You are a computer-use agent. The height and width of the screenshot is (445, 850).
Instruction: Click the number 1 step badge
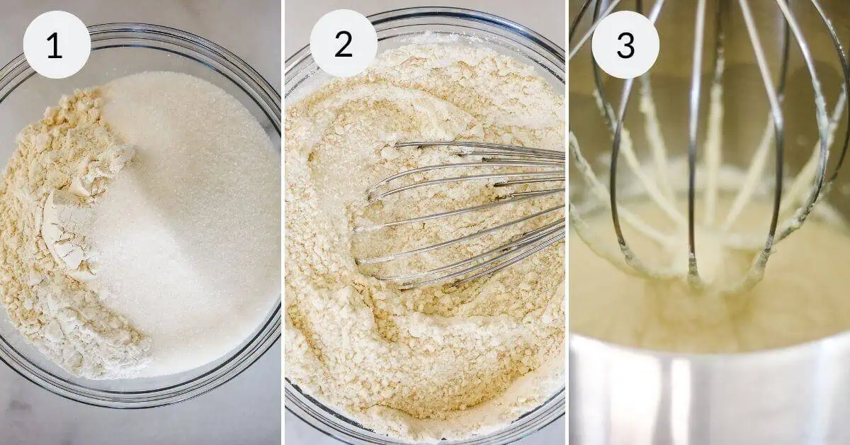[x=57, y=45]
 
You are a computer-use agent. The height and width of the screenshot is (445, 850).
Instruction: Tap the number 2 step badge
[x=344, y=44]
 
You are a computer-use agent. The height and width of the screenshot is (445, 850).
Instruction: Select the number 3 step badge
[x=625, y=45]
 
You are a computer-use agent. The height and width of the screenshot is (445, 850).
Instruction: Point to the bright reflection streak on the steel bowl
[x=679, y=402]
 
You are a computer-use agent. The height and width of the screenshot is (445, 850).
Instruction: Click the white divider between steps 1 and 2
[x=283, y=222]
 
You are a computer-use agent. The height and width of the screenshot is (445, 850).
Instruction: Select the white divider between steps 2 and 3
[x=567, y=222]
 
